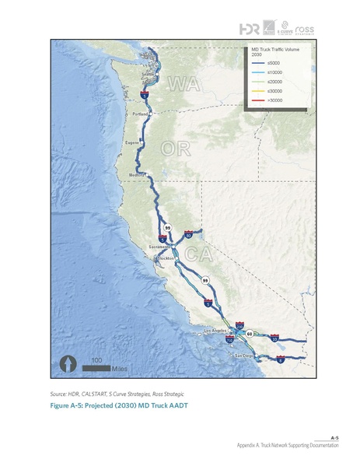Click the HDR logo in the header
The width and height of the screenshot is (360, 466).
250,29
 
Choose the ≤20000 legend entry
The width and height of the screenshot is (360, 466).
274,81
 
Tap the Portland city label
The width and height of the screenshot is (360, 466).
140,114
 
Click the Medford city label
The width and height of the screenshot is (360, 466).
138,175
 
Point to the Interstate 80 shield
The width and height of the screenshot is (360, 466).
188,234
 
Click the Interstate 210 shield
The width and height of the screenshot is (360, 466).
240,328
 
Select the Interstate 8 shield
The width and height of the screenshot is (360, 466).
280,359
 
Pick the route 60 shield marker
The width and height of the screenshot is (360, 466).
249,334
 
